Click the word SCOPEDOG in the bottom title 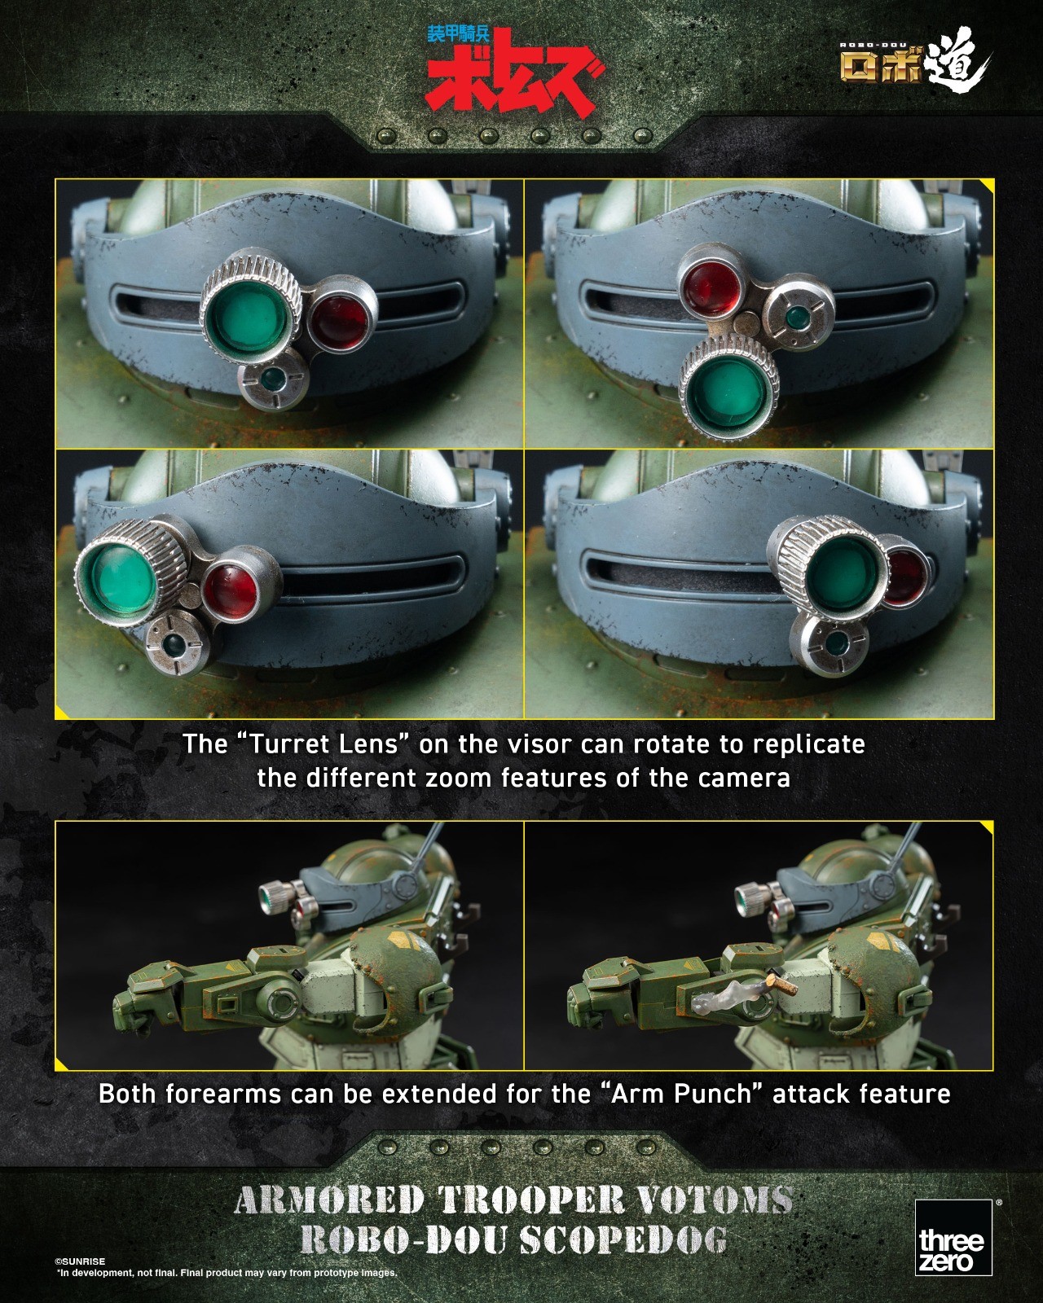click(x=623, y=1240)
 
